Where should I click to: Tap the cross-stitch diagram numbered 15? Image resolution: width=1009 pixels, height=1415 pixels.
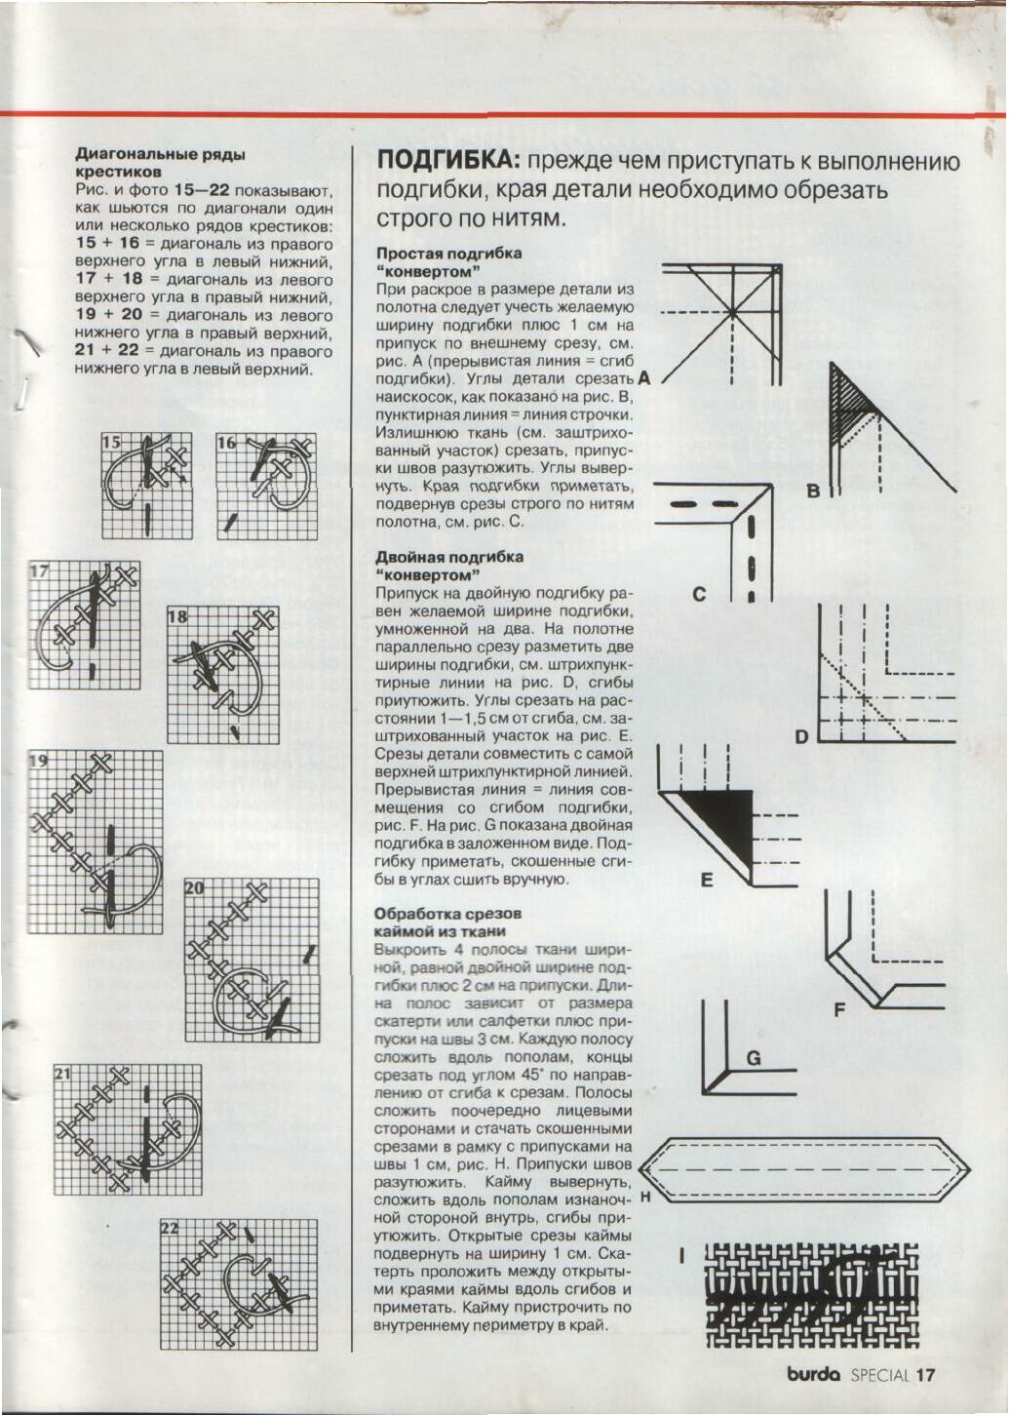coord(147,485)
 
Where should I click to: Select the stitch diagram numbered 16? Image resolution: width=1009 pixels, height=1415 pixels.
coord(266,485)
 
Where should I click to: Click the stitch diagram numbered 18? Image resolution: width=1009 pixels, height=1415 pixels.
coord(222,674)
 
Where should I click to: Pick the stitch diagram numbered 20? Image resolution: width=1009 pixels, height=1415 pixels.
coord(252,960)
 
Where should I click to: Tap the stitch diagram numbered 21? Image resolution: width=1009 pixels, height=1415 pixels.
coord(127,1129)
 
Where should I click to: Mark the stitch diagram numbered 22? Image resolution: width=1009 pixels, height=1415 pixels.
coord(239,1283)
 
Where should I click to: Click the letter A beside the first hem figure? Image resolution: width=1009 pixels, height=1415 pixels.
coord(644,377)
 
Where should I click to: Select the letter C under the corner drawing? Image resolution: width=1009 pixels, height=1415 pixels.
coord(699,593)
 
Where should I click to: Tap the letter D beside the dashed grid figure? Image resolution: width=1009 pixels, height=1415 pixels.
coord(801,736)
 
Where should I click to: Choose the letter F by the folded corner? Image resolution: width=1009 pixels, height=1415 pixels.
coord(838,1010)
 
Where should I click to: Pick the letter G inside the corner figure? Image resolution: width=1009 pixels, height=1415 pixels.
coord(753,1058)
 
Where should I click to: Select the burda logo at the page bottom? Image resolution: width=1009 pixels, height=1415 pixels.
coord(813,1375)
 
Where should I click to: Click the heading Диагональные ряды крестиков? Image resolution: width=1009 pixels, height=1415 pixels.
coord(160,162)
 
